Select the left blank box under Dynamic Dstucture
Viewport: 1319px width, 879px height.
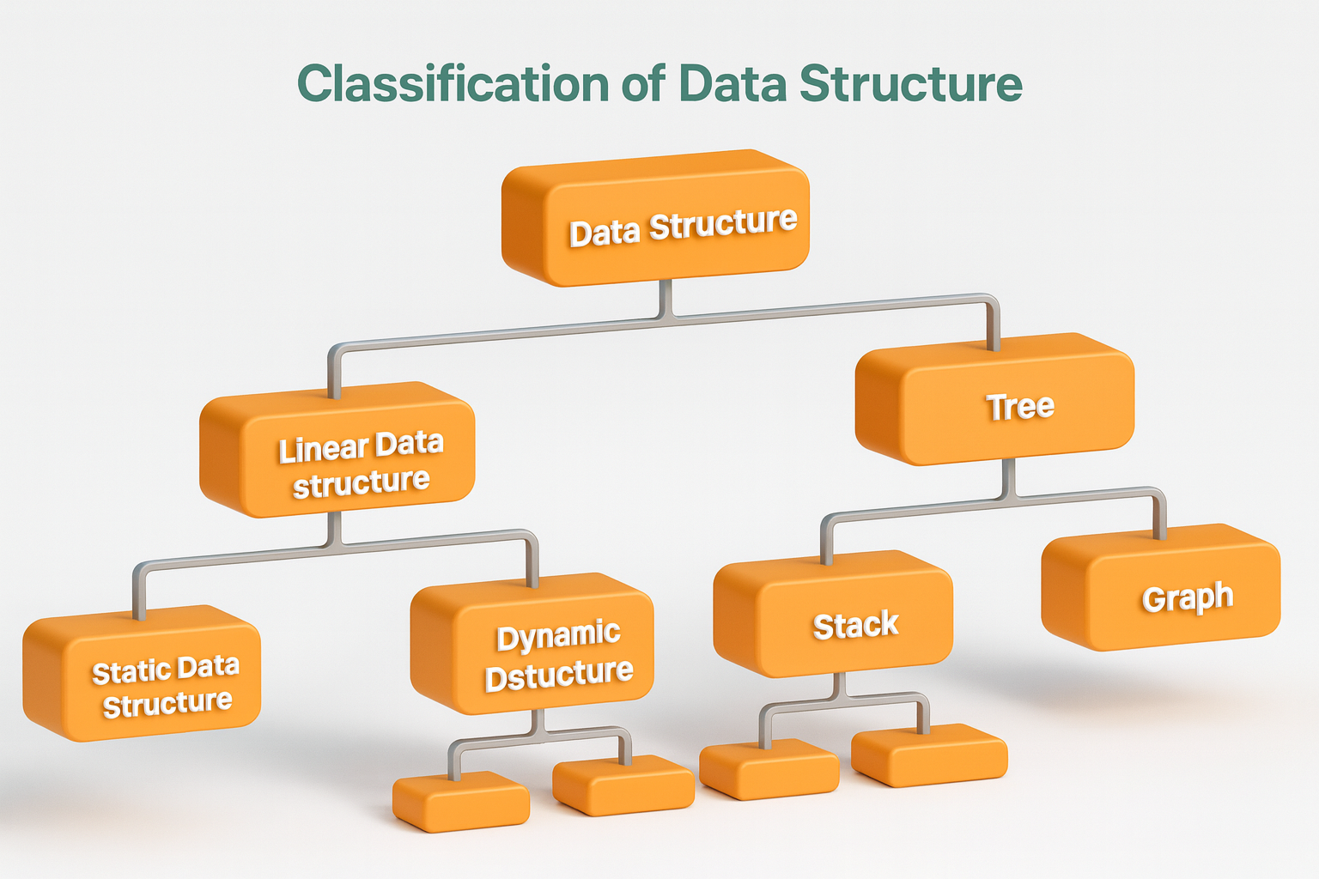(x=462, y=803)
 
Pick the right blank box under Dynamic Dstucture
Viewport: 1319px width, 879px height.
(x=624, y=785)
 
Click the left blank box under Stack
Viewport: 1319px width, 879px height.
(x=769, y=770)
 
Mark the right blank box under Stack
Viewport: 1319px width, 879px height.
(x=930, y=756)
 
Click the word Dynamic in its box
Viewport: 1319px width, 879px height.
(x=558, y=636)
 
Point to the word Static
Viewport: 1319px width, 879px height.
(x=126, y=672)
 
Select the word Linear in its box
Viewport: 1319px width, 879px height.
(x=323, y=449)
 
